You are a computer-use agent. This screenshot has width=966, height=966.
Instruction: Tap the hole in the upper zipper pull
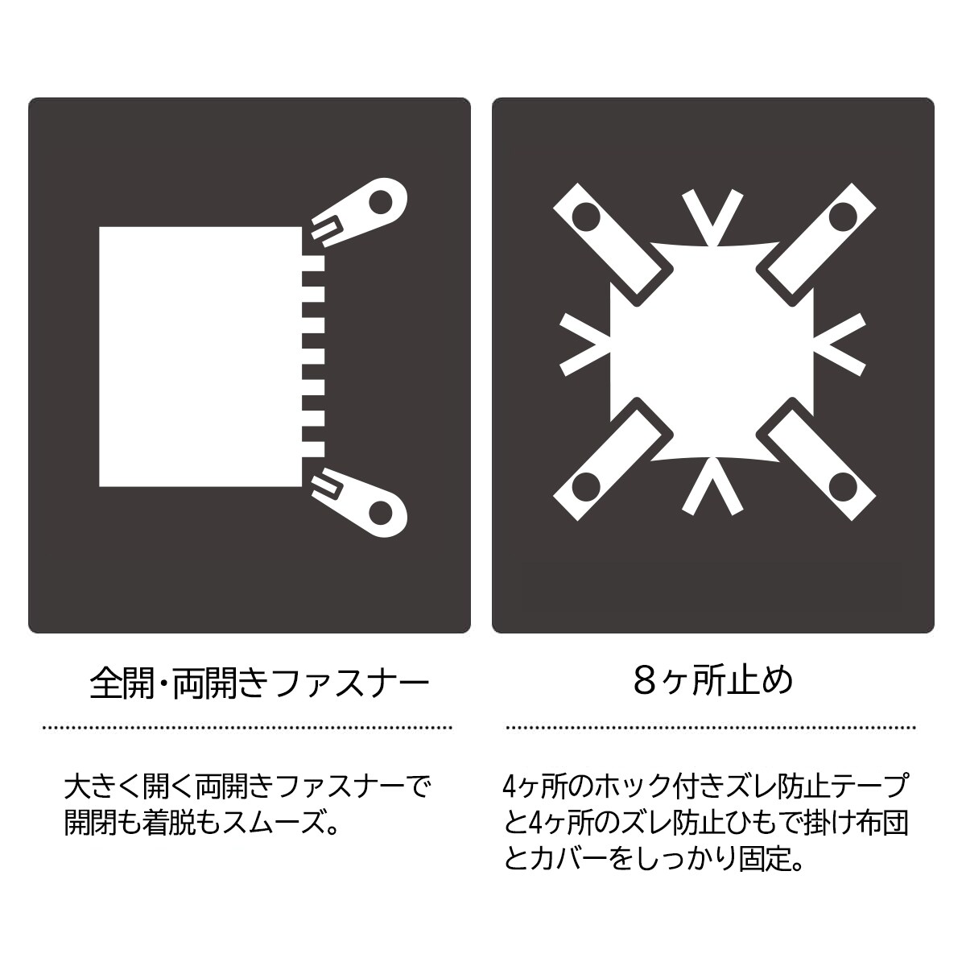coord(380,202)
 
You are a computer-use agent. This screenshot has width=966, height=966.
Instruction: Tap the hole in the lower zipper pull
coord(380,512)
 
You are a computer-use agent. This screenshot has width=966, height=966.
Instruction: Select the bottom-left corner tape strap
coord(613,460)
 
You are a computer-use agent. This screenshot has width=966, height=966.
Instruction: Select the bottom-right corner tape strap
coord(816,460)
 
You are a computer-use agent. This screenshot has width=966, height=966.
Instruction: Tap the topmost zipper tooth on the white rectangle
coord(313,264)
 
